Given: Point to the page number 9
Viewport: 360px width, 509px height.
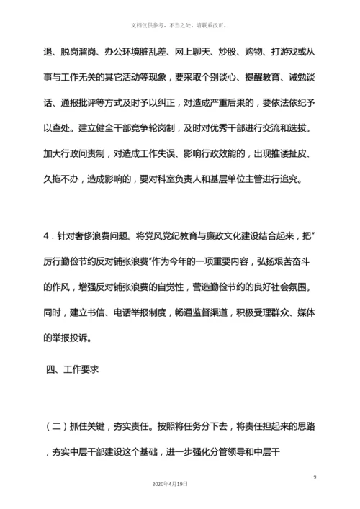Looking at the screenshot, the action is click(315, 478).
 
